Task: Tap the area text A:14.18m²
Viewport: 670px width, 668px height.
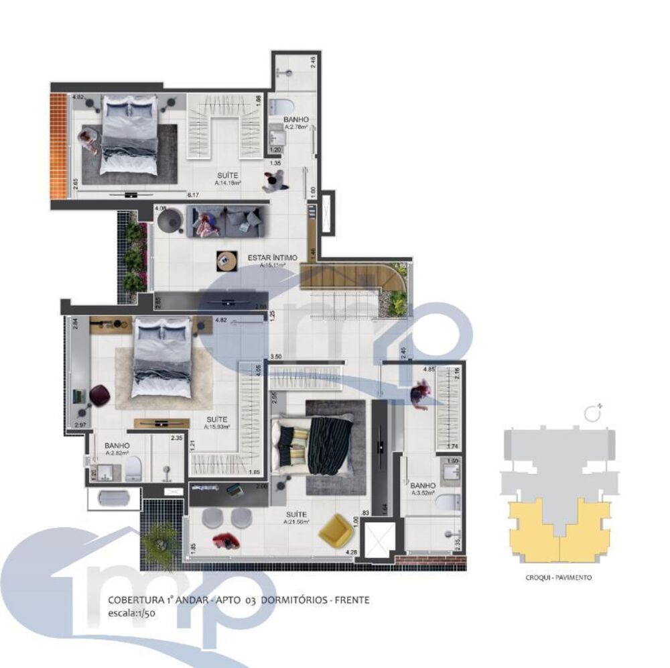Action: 228,182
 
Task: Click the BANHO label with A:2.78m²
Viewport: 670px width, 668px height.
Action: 295,119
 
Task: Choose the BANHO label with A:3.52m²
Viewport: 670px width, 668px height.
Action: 423,485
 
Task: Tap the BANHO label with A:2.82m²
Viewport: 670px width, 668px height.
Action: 117,445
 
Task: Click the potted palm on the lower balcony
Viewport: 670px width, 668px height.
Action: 160,537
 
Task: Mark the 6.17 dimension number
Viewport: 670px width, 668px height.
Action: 194,194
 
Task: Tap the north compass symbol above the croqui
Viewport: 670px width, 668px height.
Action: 591,413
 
